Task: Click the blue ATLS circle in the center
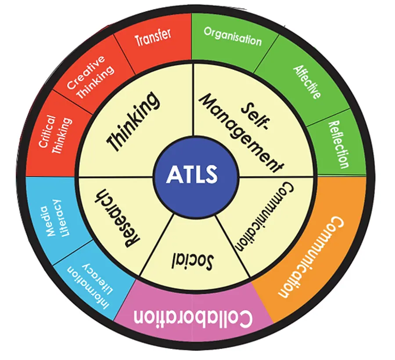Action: click(x=192, y=175)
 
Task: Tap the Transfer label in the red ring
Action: click(x=153, y=38)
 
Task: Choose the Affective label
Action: click(x=307, y=82)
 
